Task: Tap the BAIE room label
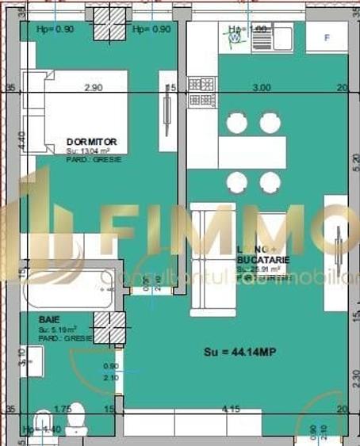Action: [48, 320]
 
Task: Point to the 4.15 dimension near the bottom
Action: [232, 409]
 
